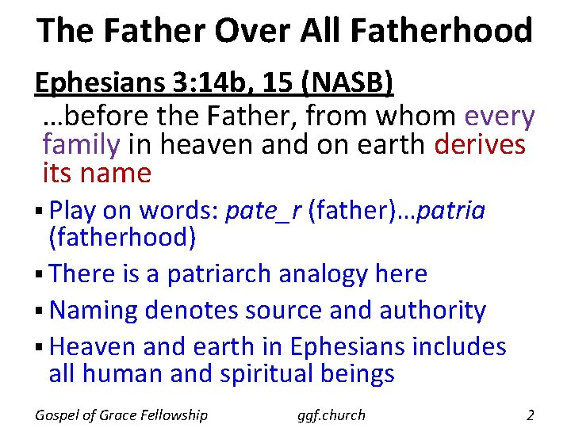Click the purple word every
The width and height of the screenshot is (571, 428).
tap(500, 117)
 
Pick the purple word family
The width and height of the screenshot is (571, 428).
tap(80, 145)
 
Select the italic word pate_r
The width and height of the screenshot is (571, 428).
tap(263, 211)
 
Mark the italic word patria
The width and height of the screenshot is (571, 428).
tap(450, 211)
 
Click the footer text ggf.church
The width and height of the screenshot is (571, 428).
tap(332, 415)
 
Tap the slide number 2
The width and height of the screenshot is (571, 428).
tap(530, 414)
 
